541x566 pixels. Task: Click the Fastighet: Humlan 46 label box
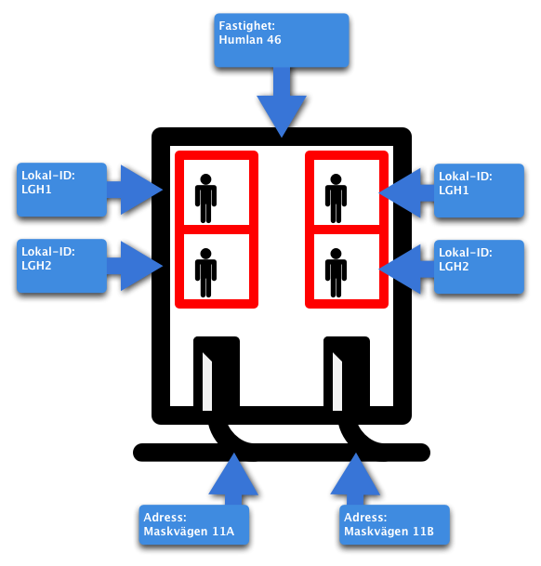(x=282, y=41)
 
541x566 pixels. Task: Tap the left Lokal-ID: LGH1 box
(x=61, y=190)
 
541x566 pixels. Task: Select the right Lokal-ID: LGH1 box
(x=479, y=191)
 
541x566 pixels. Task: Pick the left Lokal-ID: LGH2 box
(x=61, y=266)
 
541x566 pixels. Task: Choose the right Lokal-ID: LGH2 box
(x=479, y=267)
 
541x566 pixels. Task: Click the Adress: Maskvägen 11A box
(x=194, y=524)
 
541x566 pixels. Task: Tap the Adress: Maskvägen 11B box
(x=394, y=524)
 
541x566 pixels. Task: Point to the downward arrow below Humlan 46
(x=282, y=102)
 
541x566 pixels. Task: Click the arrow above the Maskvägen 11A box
(x=233, y=479)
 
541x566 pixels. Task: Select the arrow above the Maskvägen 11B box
(x=355, y=479)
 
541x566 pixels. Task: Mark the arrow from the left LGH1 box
(x=136, y=190)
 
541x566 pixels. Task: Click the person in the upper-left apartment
(x=205, y=199)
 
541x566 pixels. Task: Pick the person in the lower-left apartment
(x=205, y=272)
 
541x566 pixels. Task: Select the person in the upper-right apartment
(x=336, y=199)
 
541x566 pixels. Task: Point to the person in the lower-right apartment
(x=336, y=272)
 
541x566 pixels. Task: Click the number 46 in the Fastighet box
(x=273, y=40)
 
